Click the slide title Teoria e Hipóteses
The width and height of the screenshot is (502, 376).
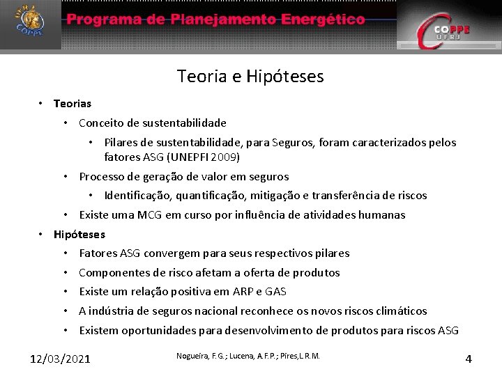250,76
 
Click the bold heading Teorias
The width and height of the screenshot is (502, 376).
73,104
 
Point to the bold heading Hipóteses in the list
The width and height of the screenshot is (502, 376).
79,234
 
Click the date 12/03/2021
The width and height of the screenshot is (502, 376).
60,359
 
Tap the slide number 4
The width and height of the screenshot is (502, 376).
469,359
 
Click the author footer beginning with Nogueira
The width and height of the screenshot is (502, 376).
249,357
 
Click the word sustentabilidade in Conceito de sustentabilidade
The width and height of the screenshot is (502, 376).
184,123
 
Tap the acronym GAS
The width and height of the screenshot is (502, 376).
275,292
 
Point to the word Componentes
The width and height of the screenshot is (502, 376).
113,273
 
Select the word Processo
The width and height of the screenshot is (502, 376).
102,177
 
